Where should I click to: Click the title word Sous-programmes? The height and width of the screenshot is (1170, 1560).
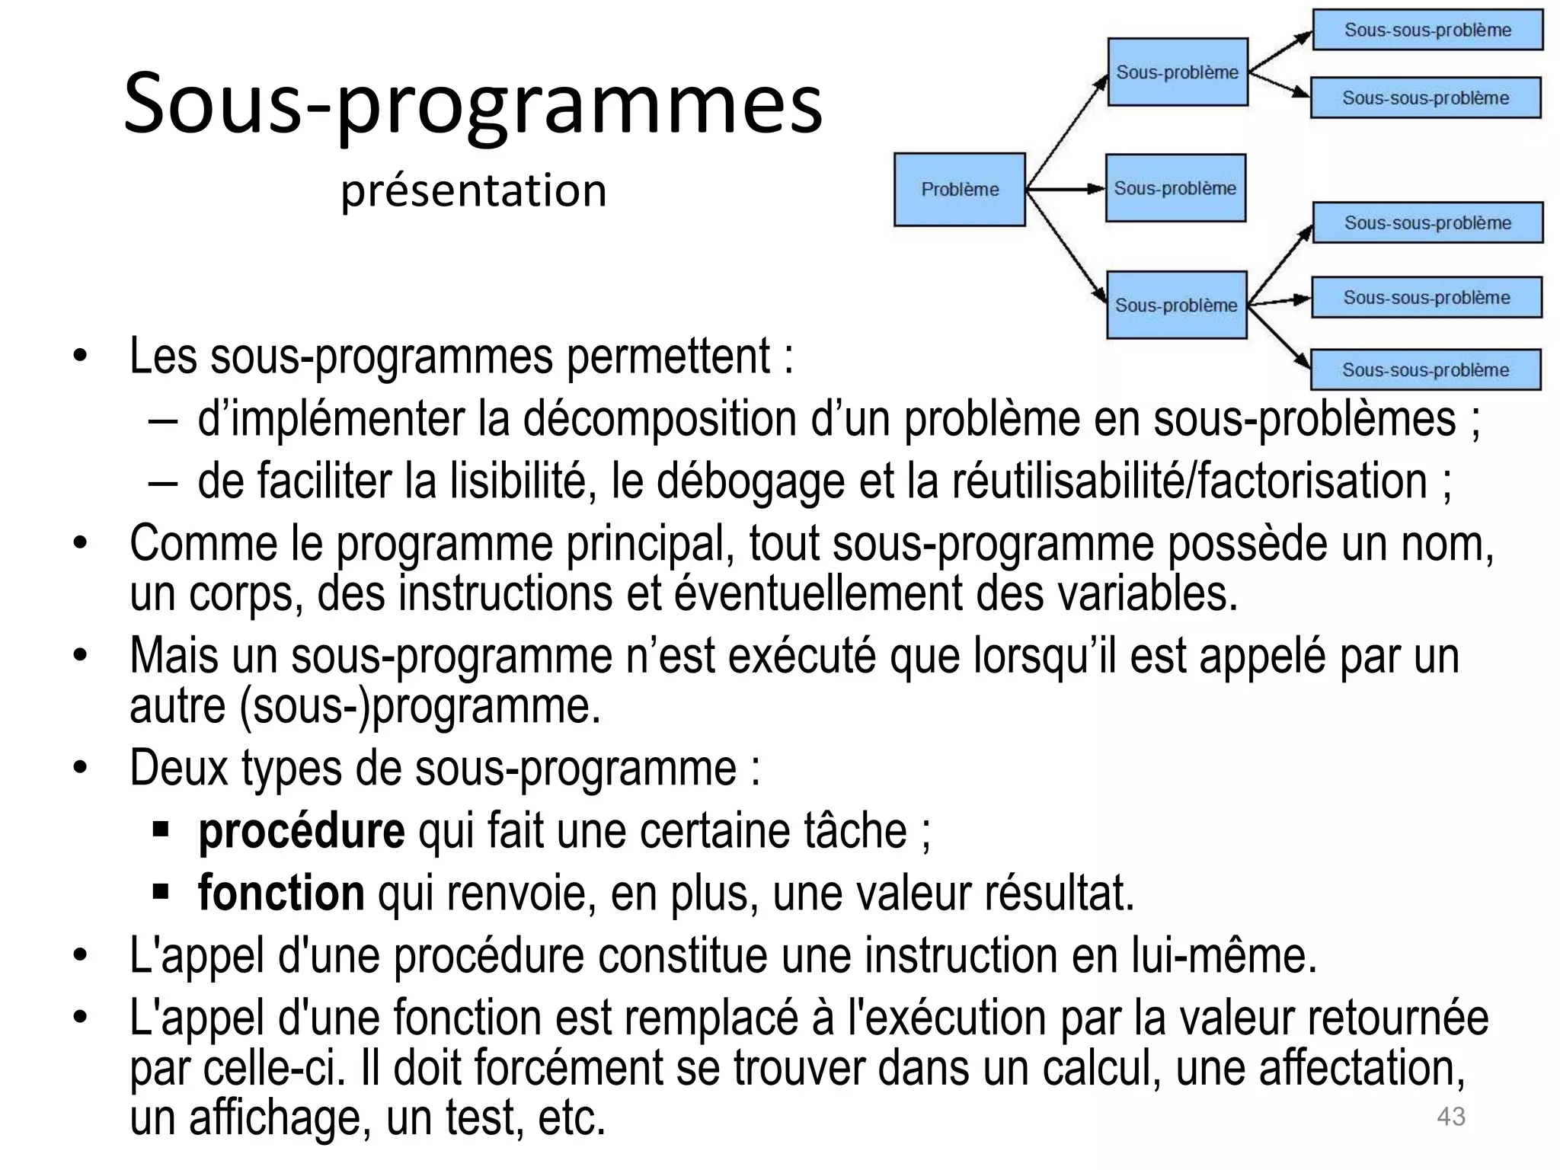(x=472, y=104)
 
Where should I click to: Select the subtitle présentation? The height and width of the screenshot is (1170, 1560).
(x=473, y=190)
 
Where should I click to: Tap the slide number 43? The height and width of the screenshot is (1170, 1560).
(x=1450, y=1117)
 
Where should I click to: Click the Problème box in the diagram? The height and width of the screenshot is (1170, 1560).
(x=959, y=190)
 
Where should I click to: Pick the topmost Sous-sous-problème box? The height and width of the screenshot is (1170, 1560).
(x=1427, y=30)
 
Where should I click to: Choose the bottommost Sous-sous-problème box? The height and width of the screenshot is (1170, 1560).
(x=1425, y=370)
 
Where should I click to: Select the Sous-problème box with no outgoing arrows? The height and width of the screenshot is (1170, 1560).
(x=1175, y=188)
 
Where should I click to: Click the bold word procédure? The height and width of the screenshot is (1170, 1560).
(x=301, y=830)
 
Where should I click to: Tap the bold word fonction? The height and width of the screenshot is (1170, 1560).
(x=281, y=893)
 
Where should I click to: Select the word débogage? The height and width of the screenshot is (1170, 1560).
(x=751, y=481)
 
